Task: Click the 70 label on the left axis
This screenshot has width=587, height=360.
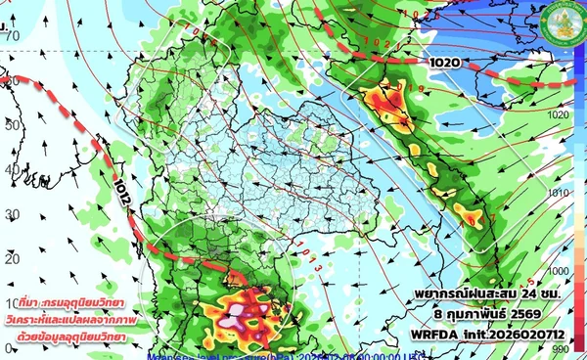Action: point(13,36)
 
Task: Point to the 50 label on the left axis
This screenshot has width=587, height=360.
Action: point(13,127)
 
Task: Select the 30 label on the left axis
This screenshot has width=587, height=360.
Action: point(13,214)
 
